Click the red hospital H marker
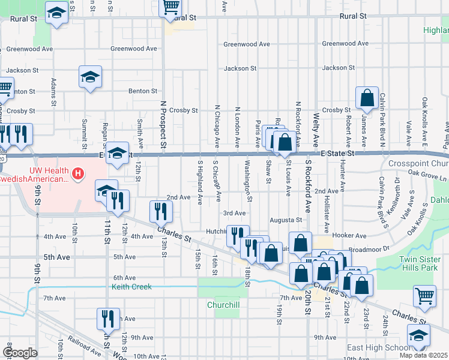(x=77, y=175)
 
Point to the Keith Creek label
(x=131, y=287)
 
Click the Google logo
(x=20, y=352)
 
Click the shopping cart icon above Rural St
(x=170, y=7)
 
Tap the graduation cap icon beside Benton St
(x=90, y=77)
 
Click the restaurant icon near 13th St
(x=161, y=211)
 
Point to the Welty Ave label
(x=315, y=128)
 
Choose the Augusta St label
(x=285, y=220)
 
